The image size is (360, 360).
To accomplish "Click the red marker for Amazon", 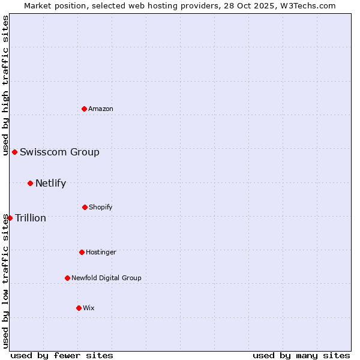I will coord(85,109).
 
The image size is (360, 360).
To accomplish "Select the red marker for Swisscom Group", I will coord(14,152).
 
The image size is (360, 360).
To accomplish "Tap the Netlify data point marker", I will coord(30,183).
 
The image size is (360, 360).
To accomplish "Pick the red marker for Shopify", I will coord(85,207).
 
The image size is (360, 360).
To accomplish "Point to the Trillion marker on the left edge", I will coord(10,218).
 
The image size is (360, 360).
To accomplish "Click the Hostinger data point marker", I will coord(82,252).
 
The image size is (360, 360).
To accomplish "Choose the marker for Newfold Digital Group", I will coord(67,278).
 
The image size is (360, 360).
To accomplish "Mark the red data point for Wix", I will coord(79,308).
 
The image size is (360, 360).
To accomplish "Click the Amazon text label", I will coord(101,109).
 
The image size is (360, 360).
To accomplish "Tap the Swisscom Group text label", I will coord(59,152).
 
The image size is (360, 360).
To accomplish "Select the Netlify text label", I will coord(50,183).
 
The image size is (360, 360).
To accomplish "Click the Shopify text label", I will coord(101,207).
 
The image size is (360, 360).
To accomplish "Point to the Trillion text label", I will coord(31,218).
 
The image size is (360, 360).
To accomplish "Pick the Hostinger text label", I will coord(101,252).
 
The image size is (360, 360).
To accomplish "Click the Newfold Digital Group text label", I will coord(106,278).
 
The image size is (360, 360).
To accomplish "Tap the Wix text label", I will coord(89,308).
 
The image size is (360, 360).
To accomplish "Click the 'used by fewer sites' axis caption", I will coord(62,355).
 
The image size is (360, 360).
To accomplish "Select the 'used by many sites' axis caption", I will coord(301,355).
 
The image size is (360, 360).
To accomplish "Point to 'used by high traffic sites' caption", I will coord(5,86).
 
